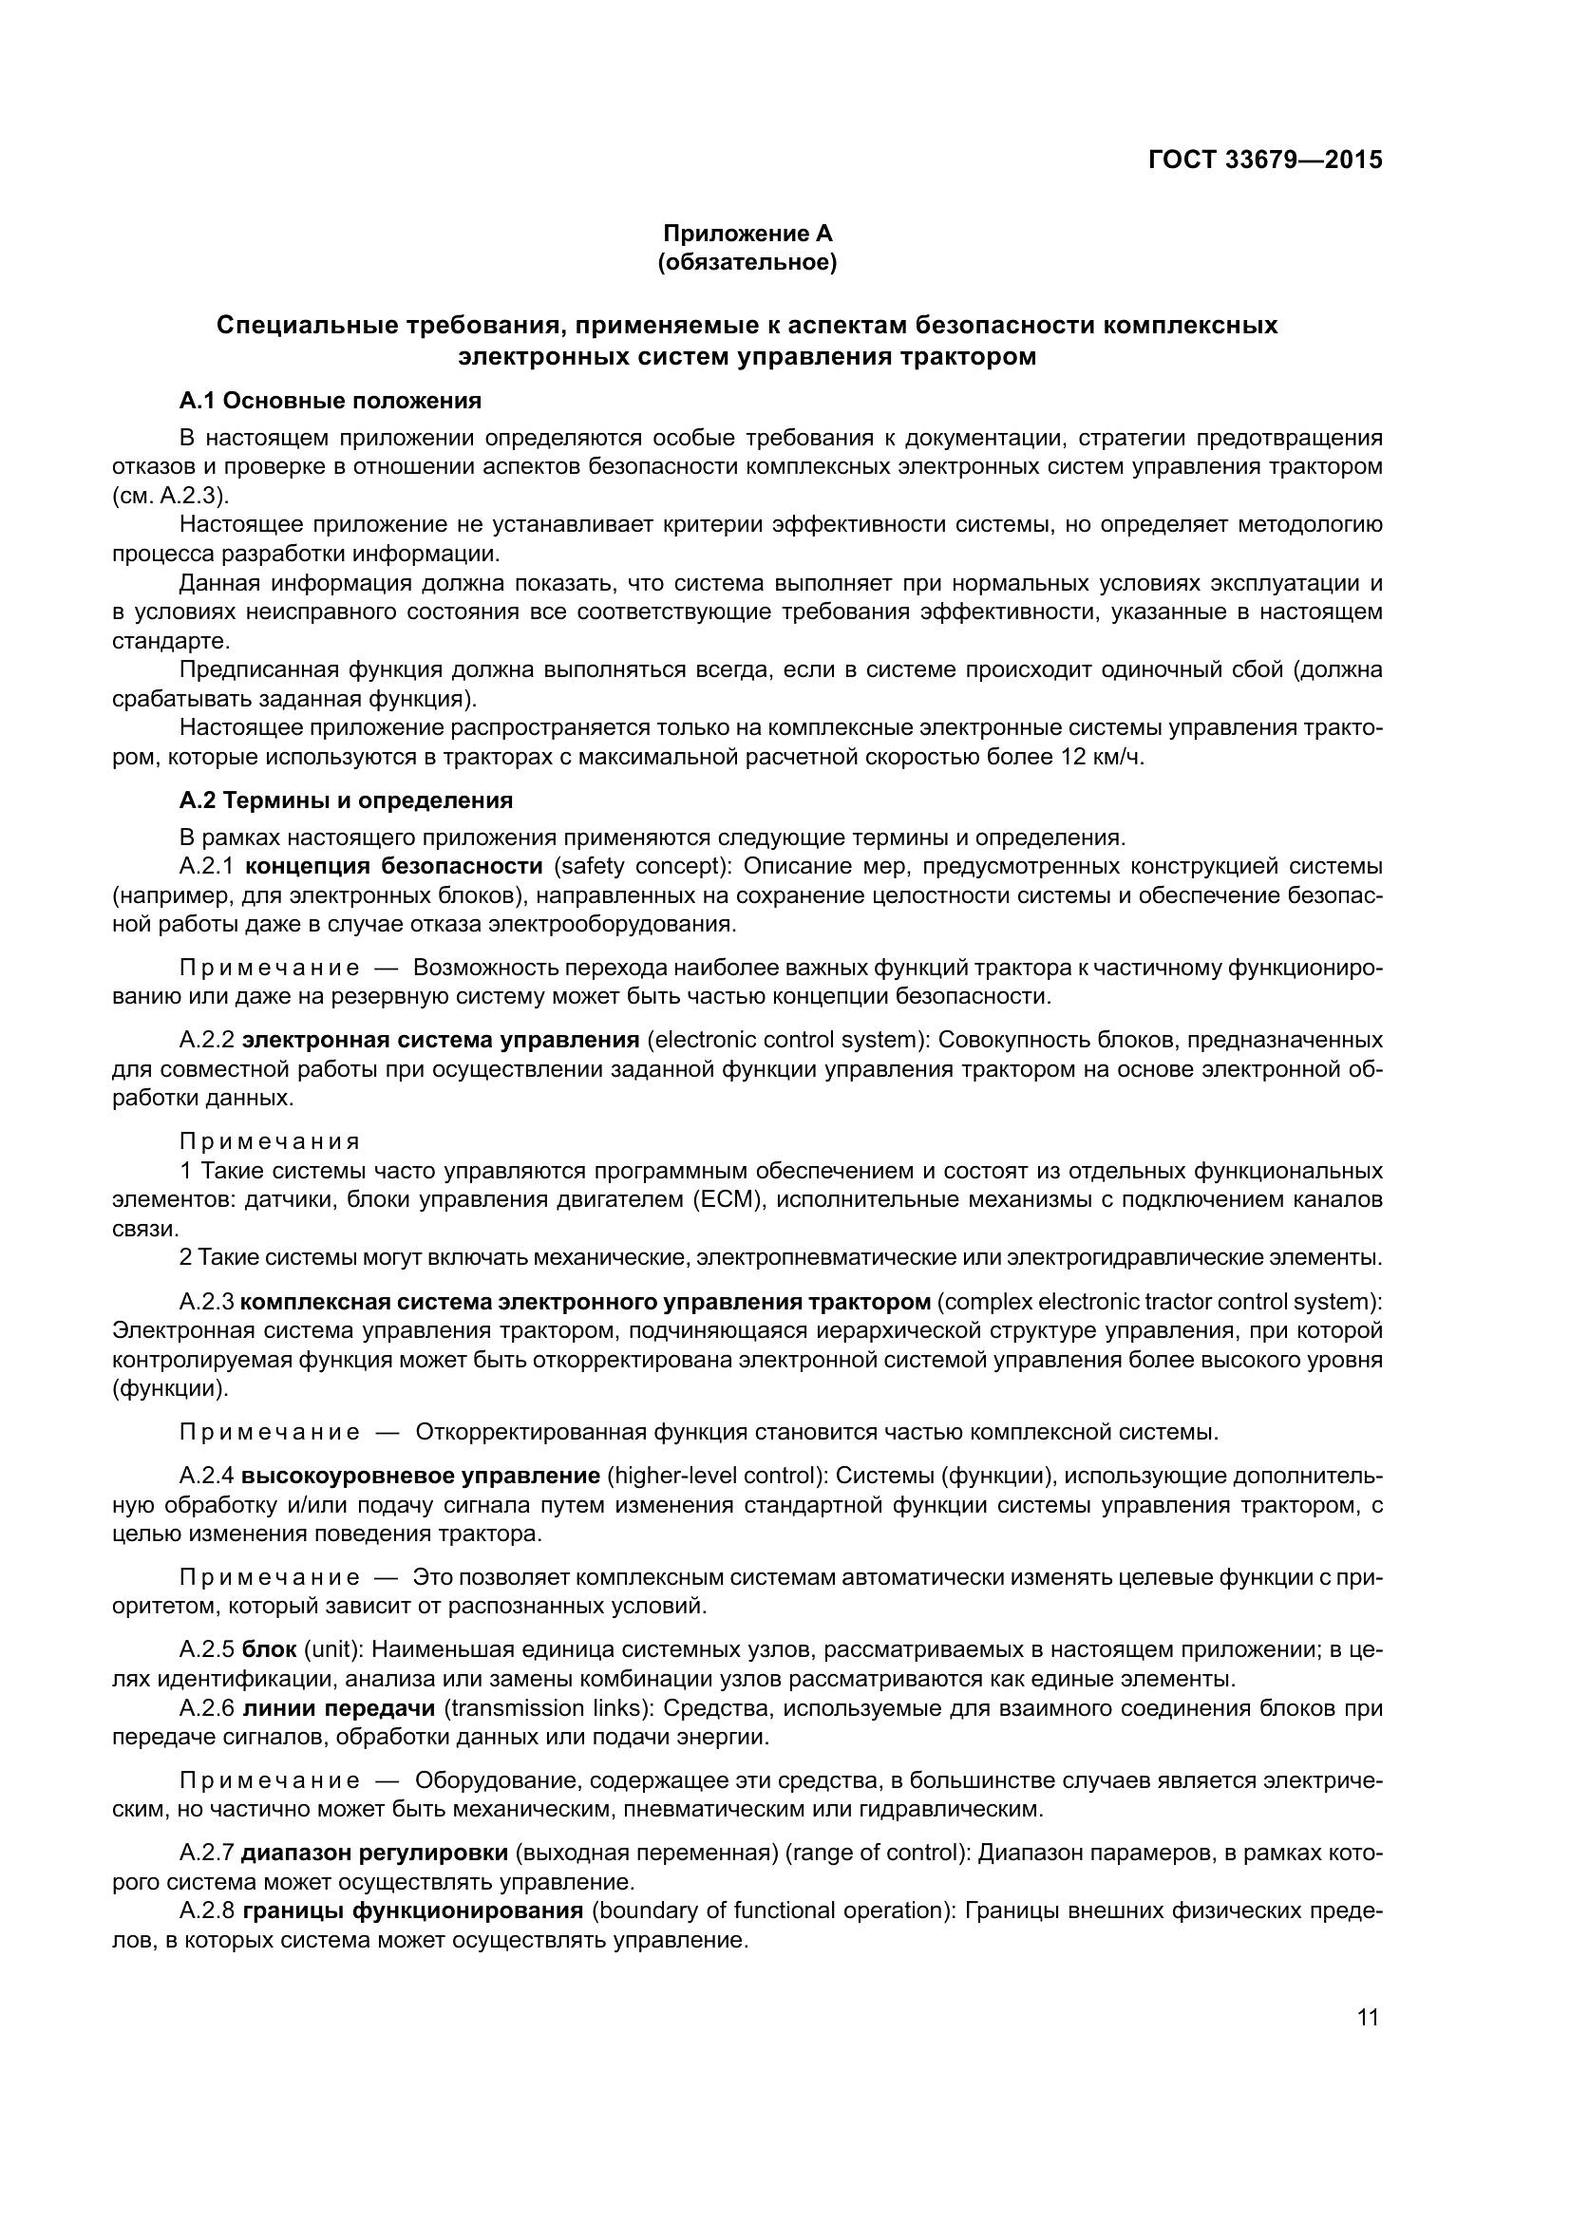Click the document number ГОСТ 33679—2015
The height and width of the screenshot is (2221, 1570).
[1264, 160]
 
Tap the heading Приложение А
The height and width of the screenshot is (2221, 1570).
[747, 234]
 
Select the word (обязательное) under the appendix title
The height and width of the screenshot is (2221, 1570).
[747, 262]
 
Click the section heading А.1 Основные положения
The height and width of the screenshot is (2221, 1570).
[330, 400]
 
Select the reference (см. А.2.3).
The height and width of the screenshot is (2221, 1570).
[170, 497]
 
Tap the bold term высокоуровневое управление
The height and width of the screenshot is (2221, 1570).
[421, 1477]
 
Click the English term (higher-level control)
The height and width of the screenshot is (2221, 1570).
[716, 1477]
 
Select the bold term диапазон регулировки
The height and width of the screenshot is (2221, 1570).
[374, 1854]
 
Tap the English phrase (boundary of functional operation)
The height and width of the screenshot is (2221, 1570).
[773, 1910]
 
